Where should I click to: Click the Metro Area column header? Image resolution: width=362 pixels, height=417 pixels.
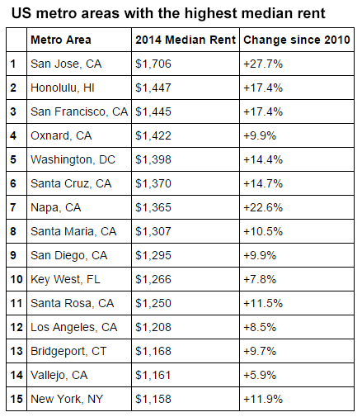(x=60, y=40)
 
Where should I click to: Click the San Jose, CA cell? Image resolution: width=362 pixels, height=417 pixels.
(x=63, y=64)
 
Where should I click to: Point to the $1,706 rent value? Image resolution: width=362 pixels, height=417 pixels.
(x=153, y=64)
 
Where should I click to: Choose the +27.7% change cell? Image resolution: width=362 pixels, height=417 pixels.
(x=263, y=64)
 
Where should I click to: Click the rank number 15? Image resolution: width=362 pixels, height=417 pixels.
(x=15, y=399)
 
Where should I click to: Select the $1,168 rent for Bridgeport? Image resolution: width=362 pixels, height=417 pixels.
(x=153, y=351)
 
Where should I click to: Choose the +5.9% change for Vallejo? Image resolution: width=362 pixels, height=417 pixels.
(x=260, y=375)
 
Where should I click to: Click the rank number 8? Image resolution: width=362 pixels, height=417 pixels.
(x=13, y=231)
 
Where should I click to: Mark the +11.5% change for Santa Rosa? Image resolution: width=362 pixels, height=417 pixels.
(x=263, y=303)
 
